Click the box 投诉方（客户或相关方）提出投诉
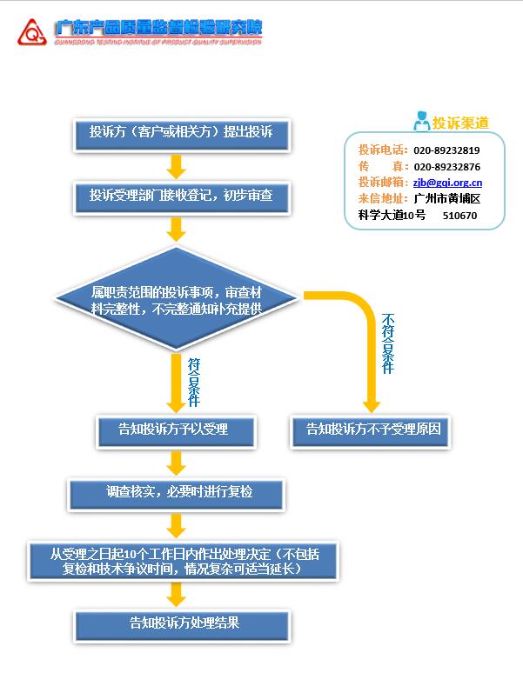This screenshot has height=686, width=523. tap(180, 133)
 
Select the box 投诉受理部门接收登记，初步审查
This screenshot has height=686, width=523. tap(180, 196)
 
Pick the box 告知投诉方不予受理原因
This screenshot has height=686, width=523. tap(373, 430)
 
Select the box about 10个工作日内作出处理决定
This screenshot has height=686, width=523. tap(181, 561)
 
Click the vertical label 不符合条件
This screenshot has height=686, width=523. tap(388, 343)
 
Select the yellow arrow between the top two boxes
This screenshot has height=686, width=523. tap(177, 165)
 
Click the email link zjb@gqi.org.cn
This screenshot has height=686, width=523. tap(447, 183)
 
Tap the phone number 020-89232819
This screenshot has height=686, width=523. tap(446, 150)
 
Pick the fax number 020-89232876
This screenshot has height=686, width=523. tap(446, 167)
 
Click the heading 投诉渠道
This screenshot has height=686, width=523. tap(460, 123)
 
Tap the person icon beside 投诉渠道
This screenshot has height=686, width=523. tap(421, 122)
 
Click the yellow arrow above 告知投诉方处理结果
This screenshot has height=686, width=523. tap(177, 595)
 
